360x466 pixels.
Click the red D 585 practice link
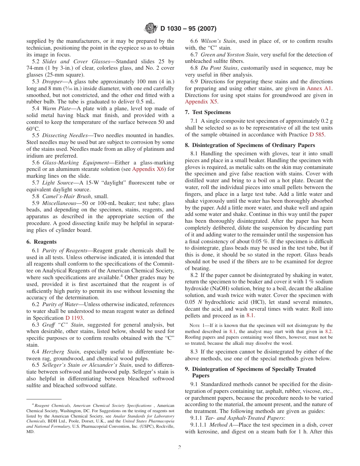(317, 134)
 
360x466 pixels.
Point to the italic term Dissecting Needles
(61, 135)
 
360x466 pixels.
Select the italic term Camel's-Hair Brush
(66, 196)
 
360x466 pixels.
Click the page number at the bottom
(180, 447)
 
